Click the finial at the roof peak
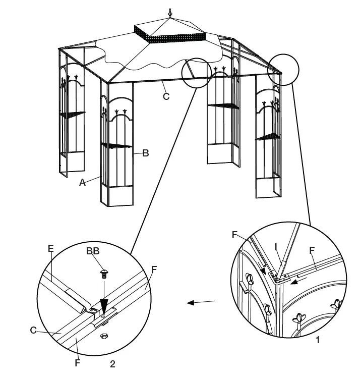coord(170,12)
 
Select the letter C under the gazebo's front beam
coord(166,96)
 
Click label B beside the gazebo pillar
coord(145,153)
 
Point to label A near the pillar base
coord(83,183)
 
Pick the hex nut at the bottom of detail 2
coord(104,336)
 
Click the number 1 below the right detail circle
coord(318,340)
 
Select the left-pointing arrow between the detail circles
coord(201,302)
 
